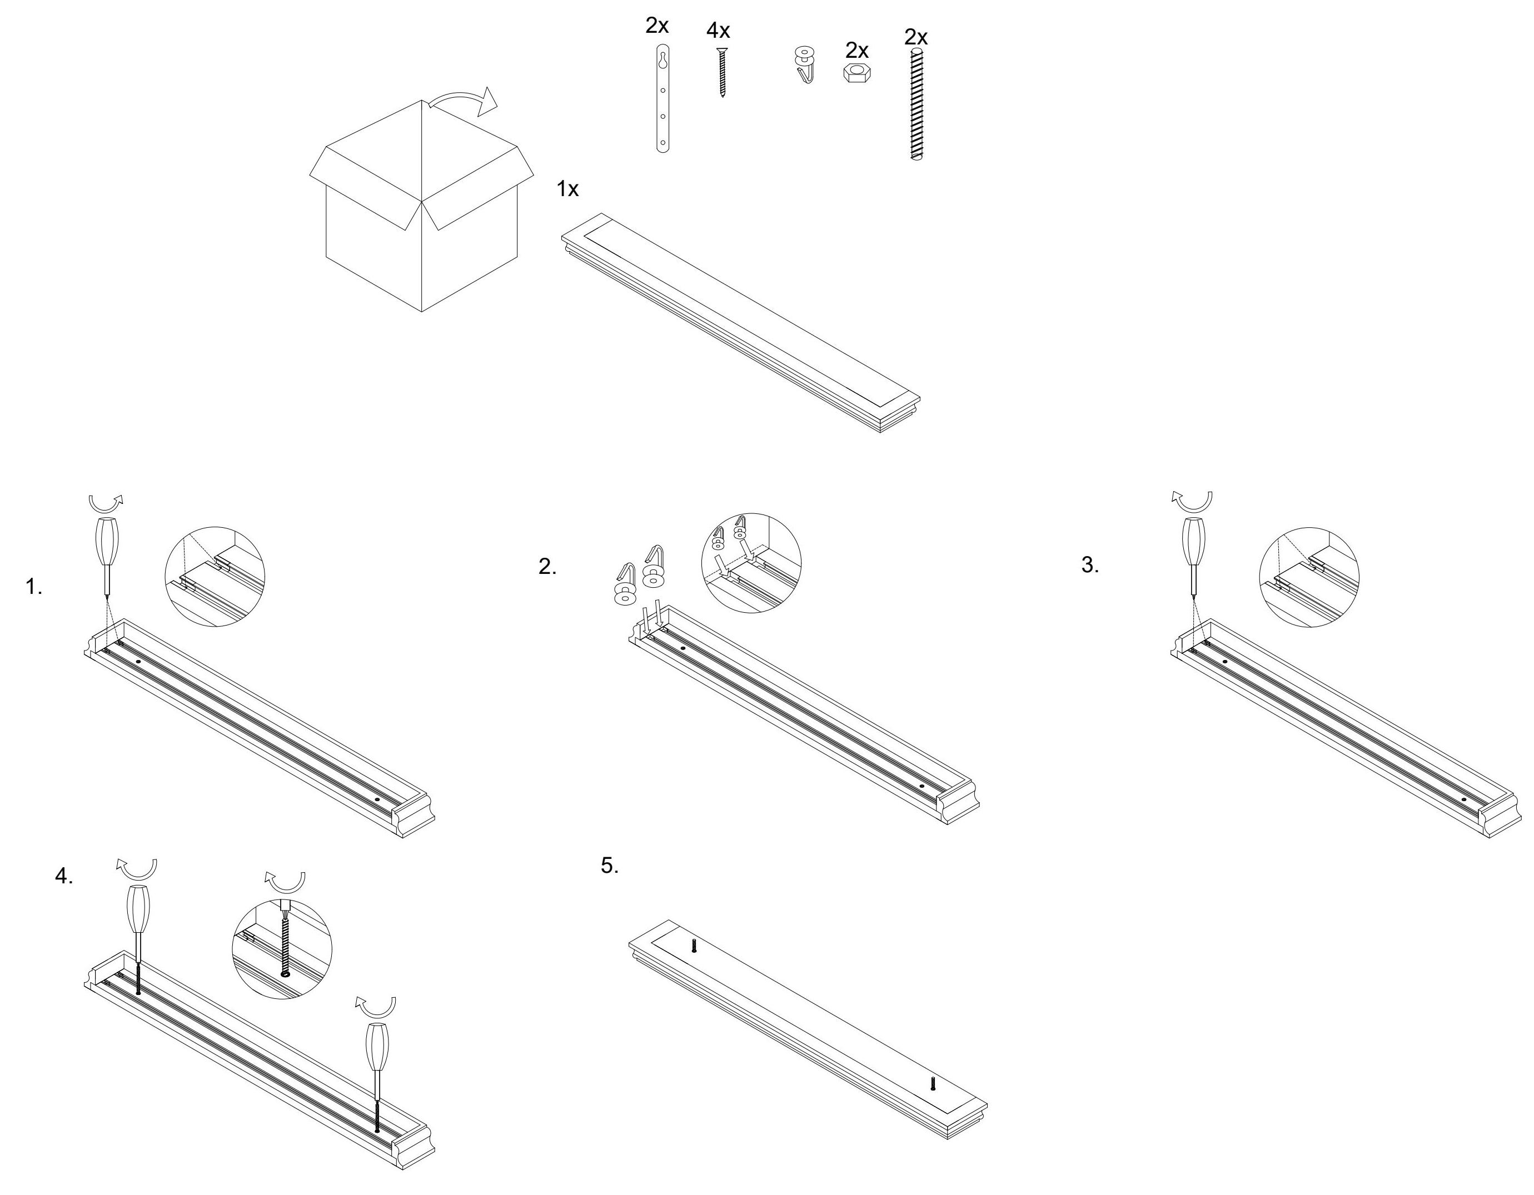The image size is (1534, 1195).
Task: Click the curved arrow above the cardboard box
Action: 464,101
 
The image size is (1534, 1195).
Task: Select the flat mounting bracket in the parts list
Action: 663,98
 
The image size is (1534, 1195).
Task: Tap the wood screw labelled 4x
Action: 721,72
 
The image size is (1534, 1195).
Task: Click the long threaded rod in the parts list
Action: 916,104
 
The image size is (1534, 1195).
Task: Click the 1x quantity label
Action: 567,189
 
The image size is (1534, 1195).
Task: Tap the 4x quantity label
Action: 718,31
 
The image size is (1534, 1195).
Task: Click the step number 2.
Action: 547,567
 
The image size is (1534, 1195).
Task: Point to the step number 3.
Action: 1089,564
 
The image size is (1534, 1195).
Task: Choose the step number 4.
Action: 64,876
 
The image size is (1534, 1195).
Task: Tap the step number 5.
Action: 610,866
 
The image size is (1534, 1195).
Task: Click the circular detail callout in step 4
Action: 282,949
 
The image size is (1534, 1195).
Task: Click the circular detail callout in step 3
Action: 1309,577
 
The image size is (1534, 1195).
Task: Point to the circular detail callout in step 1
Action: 215,577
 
